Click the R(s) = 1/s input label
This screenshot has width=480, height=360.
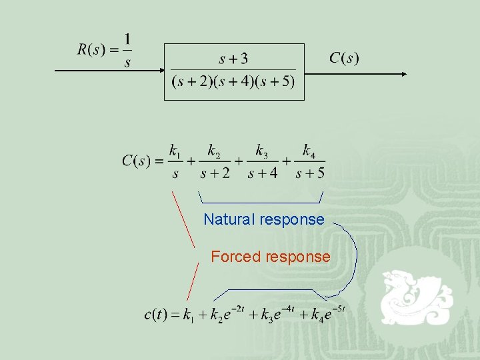pyautogui.click(x=105, y=50)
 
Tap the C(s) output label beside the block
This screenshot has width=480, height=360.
pyautogui.click(x=344, y=58)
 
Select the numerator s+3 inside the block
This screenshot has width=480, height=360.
pyautogui.click(x=233, y=59)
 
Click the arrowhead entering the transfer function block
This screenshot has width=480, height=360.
pyautogui.click(x=161, y=69)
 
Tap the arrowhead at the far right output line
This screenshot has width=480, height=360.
pyautogui.click(x=403, y=74)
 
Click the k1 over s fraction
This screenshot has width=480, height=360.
pyautogui.click(x=175, y=162)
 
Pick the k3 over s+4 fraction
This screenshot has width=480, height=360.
pyautogui.click(x=261, y=162)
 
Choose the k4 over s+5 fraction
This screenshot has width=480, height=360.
pyautogui.click(x=309, y=162)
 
